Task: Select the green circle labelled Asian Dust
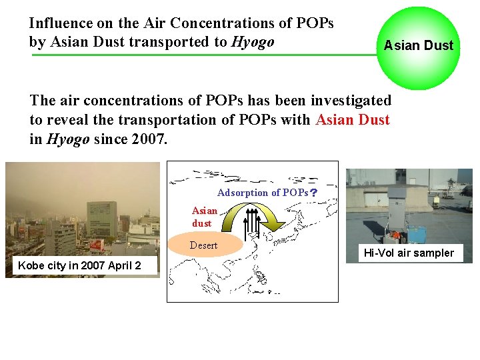(x=419, y=47)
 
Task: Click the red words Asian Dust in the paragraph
(x=353, y=120)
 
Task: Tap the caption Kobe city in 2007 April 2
(x=79, y=265)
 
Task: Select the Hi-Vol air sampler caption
(x=408, y=253)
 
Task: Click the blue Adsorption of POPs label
(x=262, y=193)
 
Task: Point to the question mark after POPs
(x=313, y=193)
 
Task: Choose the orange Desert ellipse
(x=204, y=245)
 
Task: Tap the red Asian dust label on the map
(x=205, y=217)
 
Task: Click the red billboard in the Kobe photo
(x=97, y=245)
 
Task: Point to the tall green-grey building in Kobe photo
(x=102, y=220)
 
